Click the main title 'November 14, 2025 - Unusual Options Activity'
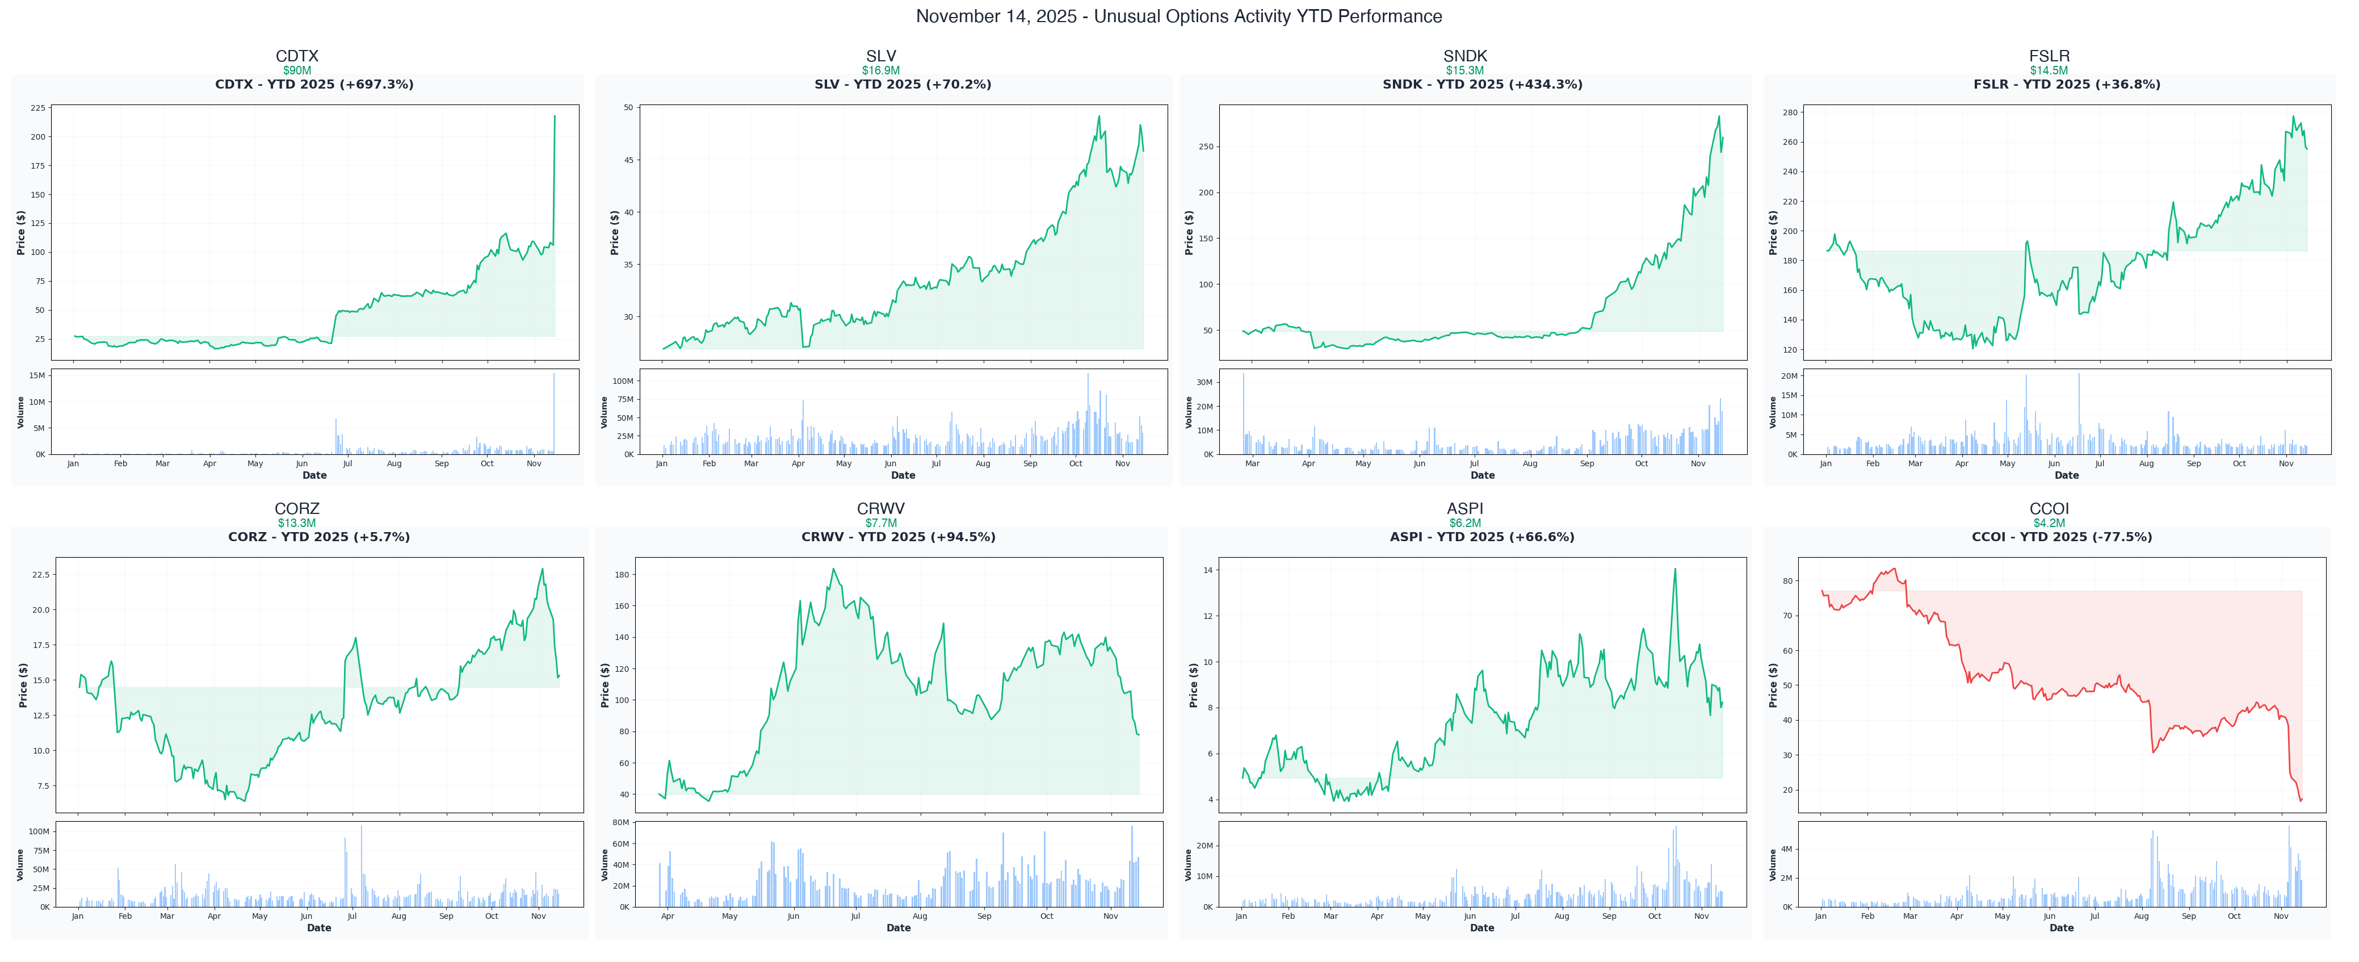click(1178, 16)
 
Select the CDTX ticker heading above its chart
click(297, 56)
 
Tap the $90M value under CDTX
click(297, 70)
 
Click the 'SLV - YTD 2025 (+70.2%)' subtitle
click(902, 84)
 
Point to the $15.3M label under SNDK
click(1464, 70)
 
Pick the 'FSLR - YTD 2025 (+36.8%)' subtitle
click(2066, 84)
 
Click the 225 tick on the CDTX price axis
click(37, 108)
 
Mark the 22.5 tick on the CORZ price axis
click(41, 575)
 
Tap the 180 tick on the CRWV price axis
click(622, 575)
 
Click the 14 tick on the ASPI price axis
click(1208, 571)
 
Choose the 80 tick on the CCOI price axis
click(1787, 581)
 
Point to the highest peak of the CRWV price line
click(833, 569)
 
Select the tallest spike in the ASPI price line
click(1675, 569)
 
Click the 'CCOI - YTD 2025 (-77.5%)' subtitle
click(2062, 537)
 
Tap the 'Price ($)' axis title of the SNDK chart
click(1189, 233)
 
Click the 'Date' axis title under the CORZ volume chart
click(318, 928)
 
